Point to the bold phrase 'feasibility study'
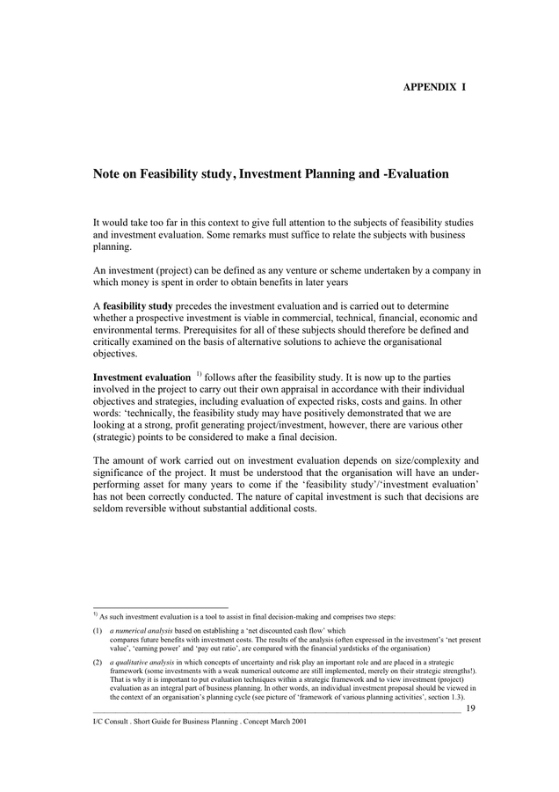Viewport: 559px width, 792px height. tap(138, 305)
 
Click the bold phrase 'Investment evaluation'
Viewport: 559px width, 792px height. tap(142, 377)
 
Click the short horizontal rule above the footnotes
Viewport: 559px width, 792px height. tap(160, 607)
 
